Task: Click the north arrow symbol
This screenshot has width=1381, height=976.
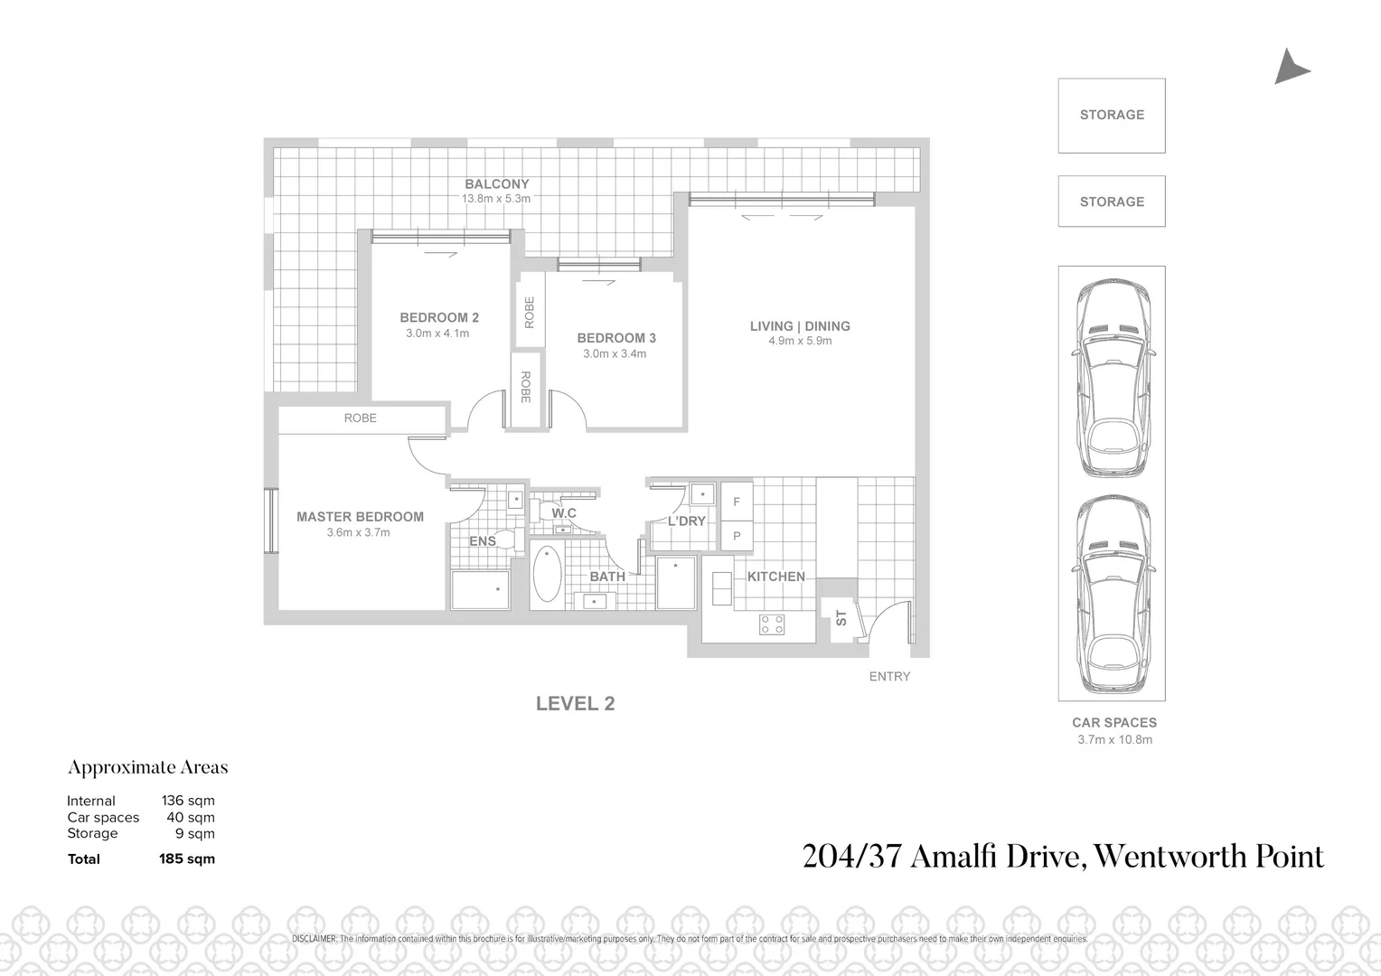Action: point(1291,69)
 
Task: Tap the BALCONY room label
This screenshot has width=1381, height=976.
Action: point(496,184)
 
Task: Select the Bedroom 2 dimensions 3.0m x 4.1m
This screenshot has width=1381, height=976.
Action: point(437,333)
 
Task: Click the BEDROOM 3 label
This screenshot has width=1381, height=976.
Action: point(616,338)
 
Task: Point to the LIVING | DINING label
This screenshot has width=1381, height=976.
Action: point(800,326)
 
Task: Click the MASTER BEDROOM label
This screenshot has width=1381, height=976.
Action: point(360,517)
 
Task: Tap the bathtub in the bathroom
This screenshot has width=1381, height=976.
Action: point(547,573)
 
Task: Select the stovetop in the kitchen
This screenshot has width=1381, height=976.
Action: point(772,624)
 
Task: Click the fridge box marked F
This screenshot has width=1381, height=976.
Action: point(737,502)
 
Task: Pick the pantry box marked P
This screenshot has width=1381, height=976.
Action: point(737,536)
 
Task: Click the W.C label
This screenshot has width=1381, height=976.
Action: point(564,513)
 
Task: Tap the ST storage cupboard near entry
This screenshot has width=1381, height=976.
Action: point(841,619)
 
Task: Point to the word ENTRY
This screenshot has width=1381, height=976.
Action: point(889,677)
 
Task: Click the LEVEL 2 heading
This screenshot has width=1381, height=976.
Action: point(576,703)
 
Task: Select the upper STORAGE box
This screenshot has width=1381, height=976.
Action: point(1112,115)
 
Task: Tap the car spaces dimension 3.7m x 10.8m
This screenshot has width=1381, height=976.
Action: point(1114,739)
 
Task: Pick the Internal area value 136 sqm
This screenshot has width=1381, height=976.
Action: point(188,801)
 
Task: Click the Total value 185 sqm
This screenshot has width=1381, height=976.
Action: point(187,859)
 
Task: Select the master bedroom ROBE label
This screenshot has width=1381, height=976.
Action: point(361,418)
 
